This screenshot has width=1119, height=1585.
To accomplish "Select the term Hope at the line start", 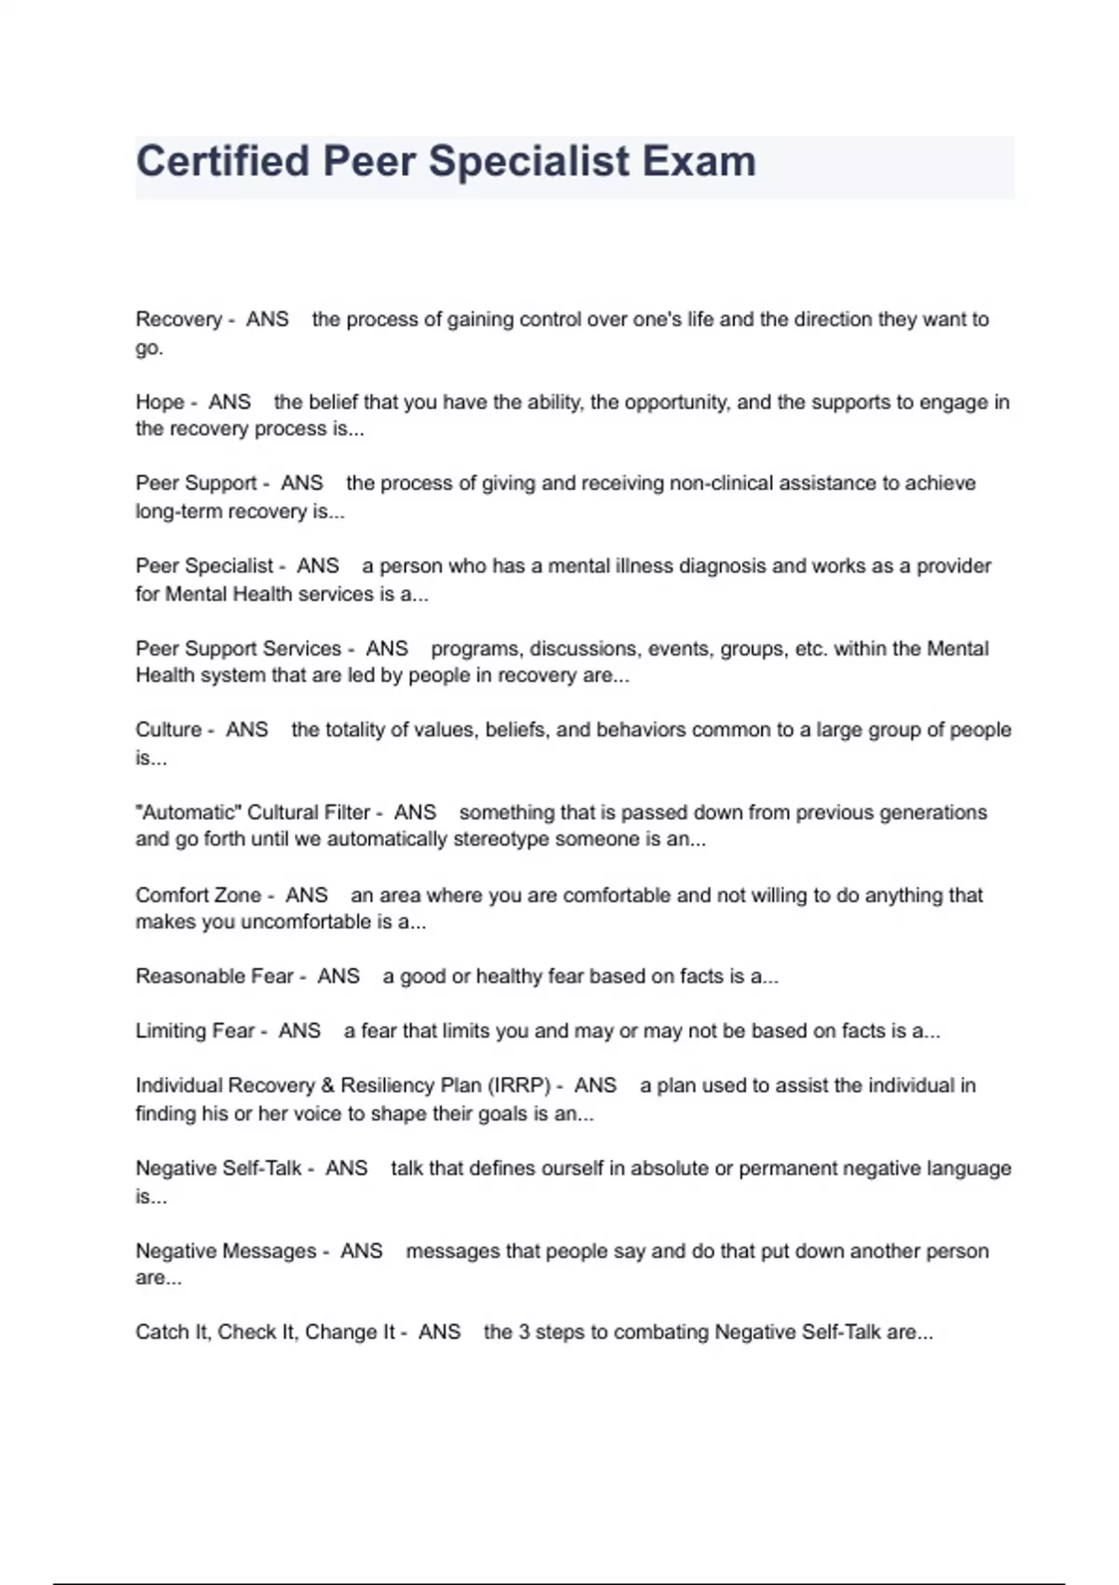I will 159,402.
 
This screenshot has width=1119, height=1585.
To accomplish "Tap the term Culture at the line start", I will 168,729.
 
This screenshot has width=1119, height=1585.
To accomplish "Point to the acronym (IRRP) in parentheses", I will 519,1085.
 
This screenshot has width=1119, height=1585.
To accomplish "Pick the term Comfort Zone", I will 198,895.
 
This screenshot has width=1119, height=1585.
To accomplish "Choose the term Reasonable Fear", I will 214,976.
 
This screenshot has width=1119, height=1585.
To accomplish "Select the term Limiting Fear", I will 194,1031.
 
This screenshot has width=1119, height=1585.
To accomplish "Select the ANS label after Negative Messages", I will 361,1251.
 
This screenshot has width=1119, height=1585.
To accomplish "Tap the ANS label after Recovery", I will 267,319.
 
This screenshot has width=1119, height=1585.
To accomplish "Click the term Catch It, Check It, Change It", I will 265,1332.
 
